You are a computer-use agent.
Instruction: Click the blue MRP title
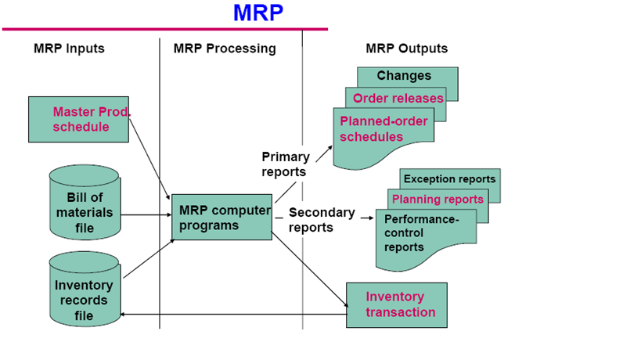257,13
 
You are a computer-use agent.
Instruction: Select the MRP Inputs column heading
69,49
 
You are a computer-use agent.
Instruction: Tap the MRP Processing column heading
225,49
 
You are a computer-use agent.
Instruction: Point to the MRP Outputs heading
406,49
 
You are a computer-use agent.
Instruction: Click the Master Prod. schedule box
78,119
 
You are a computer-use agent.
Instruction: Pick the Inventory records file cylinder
84,289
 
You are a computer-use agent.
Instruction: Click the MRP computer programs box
222,217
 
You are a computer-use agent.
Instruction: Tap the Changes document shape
404,76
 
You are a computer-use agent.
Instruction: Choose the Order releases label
398,98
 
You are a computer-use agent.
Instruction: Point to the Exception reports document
449,179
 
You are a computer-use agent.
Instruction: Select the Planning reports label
438,199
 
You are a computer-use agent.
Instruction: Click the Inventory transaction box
397,304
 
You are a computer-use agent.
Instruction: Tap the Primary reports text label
285,164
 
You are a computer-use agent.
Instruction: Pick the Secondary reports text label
321,220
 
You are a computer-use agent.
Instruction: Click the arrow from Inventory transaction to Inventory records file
235,315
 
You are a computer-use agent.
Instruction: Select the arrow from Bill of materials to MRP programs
146,214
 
